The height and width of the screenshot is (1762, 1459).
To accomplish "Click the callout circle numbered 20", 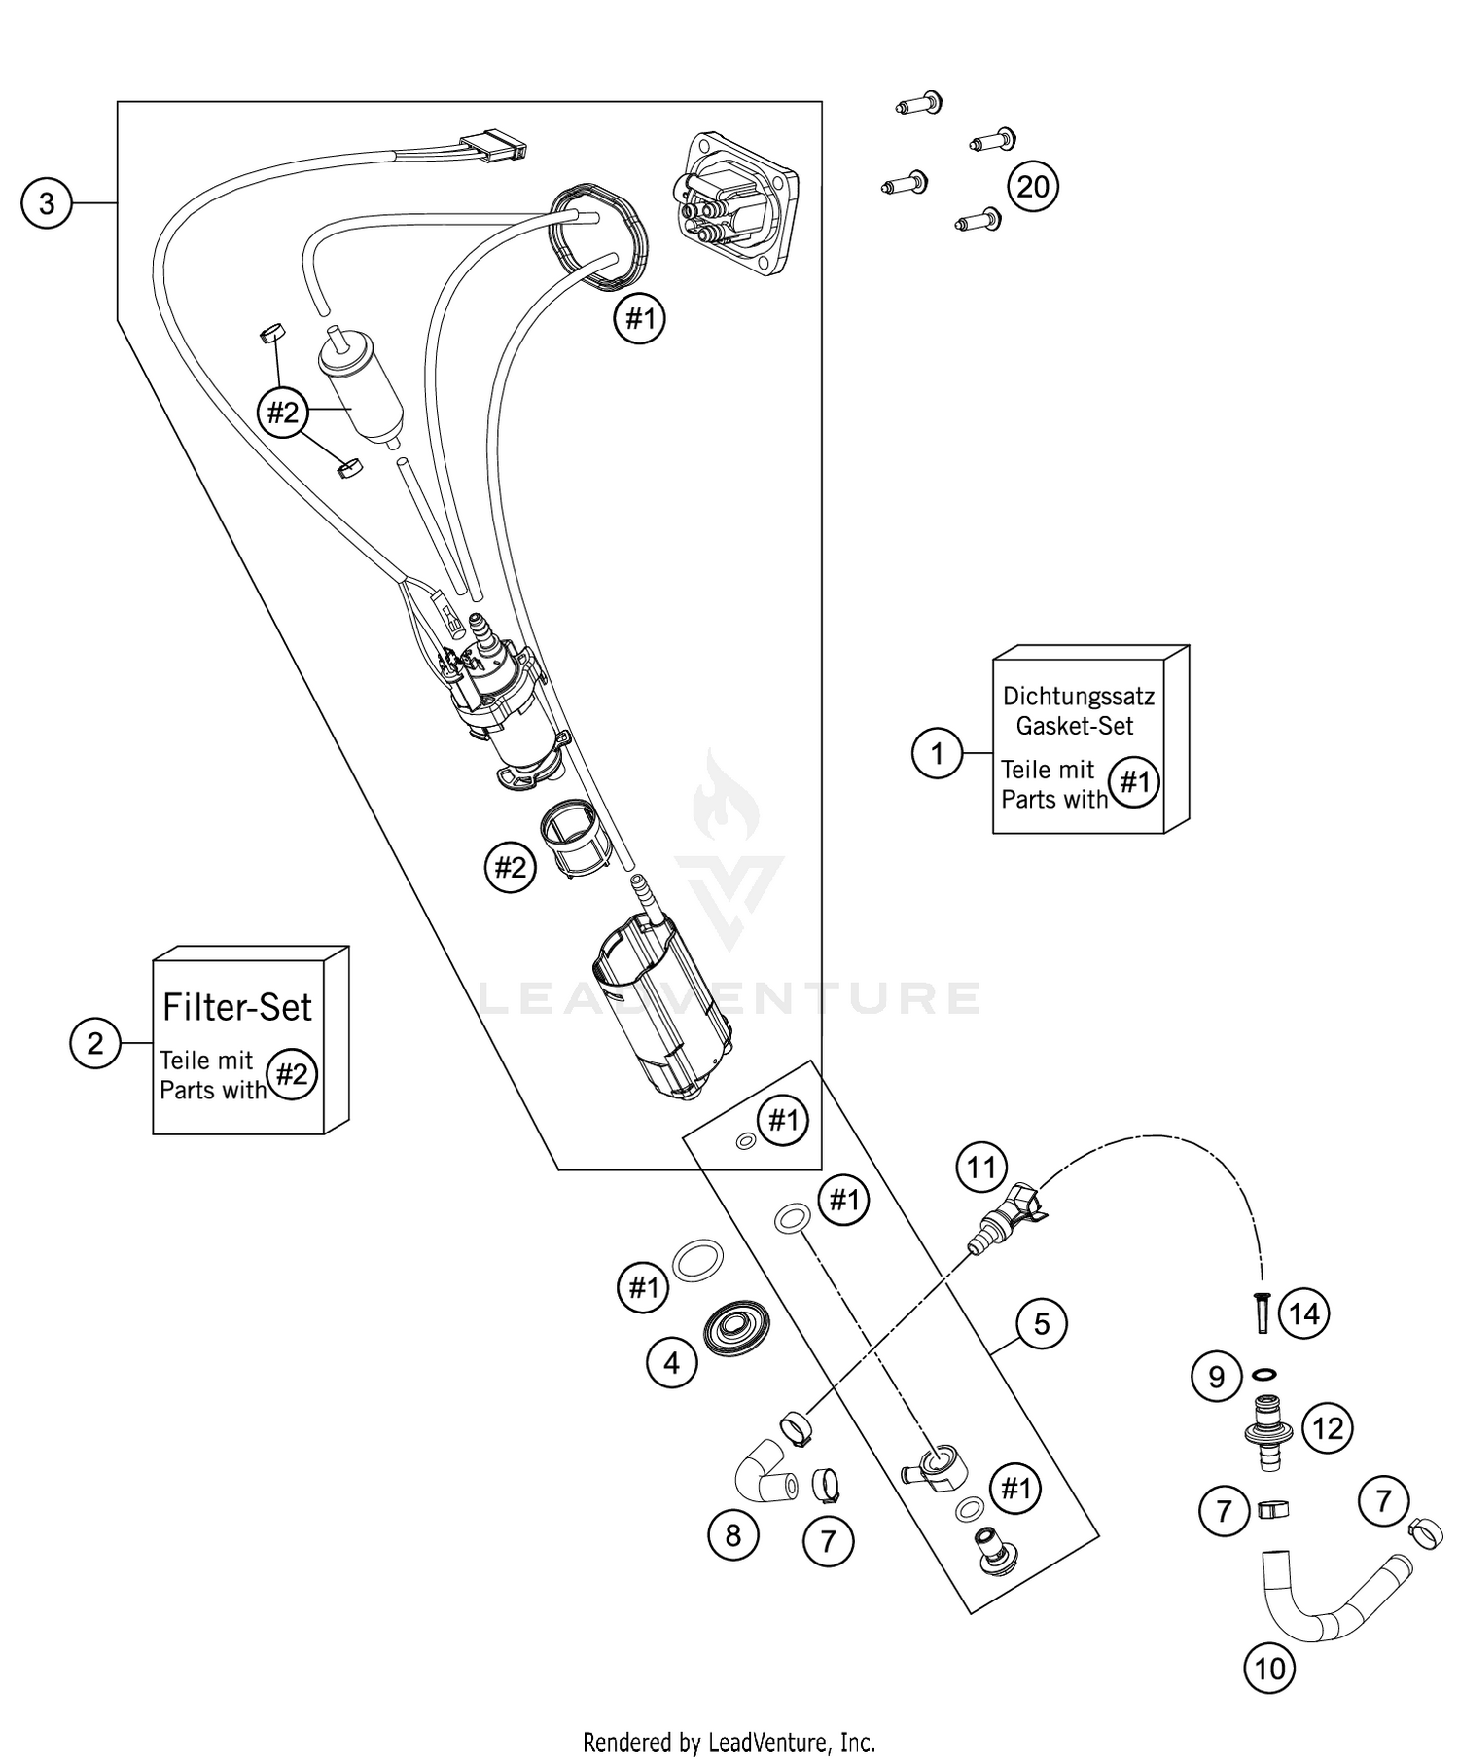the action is [x=1033, y=186].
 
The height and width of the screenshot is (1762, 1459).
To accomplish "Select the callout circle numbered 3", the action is [x=46, y=203].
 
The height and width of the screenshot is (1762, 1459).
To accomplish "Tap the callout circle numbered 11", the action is [x=981, y=1167].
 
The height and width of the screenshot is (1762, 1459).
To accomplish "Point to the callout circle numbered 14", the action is [x=1303, y=1313].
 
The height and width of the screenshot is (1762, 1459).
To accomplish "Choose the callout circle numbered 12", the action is [x=1328, y=1428].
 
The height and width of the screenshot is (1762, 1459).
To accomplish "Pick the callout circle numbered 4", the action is [x=672, y=1363].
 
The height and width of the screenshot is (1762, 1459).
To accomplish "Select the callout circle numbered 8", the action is [x=732, y=1535].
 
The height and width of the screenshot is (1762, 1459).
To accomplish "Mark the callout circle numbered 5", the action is [x=1042, y=1323].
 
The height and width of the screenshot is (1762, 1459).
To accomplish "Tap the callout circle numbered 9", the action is [x=1217, y=1377].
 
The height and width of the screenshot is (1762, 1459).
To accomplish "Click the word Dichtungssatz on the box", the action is [x=1078, y=697].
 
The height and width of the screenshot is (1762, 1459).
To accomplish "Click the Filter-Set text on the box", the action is [x=237, y=1007].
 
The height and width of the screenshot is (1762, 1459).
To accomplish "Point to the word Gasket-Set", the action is [x=1075, y=725].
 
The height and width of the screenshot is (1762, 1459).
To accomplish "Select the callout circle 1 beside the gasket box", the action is [x=938, y=753].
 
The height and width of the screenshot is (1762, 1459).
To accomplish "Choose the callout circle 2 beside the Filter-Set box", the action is [x=95, y=1043].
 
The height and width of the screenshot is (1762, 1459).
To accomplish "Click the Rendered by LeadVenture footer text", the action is [x=729, y=1742].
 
